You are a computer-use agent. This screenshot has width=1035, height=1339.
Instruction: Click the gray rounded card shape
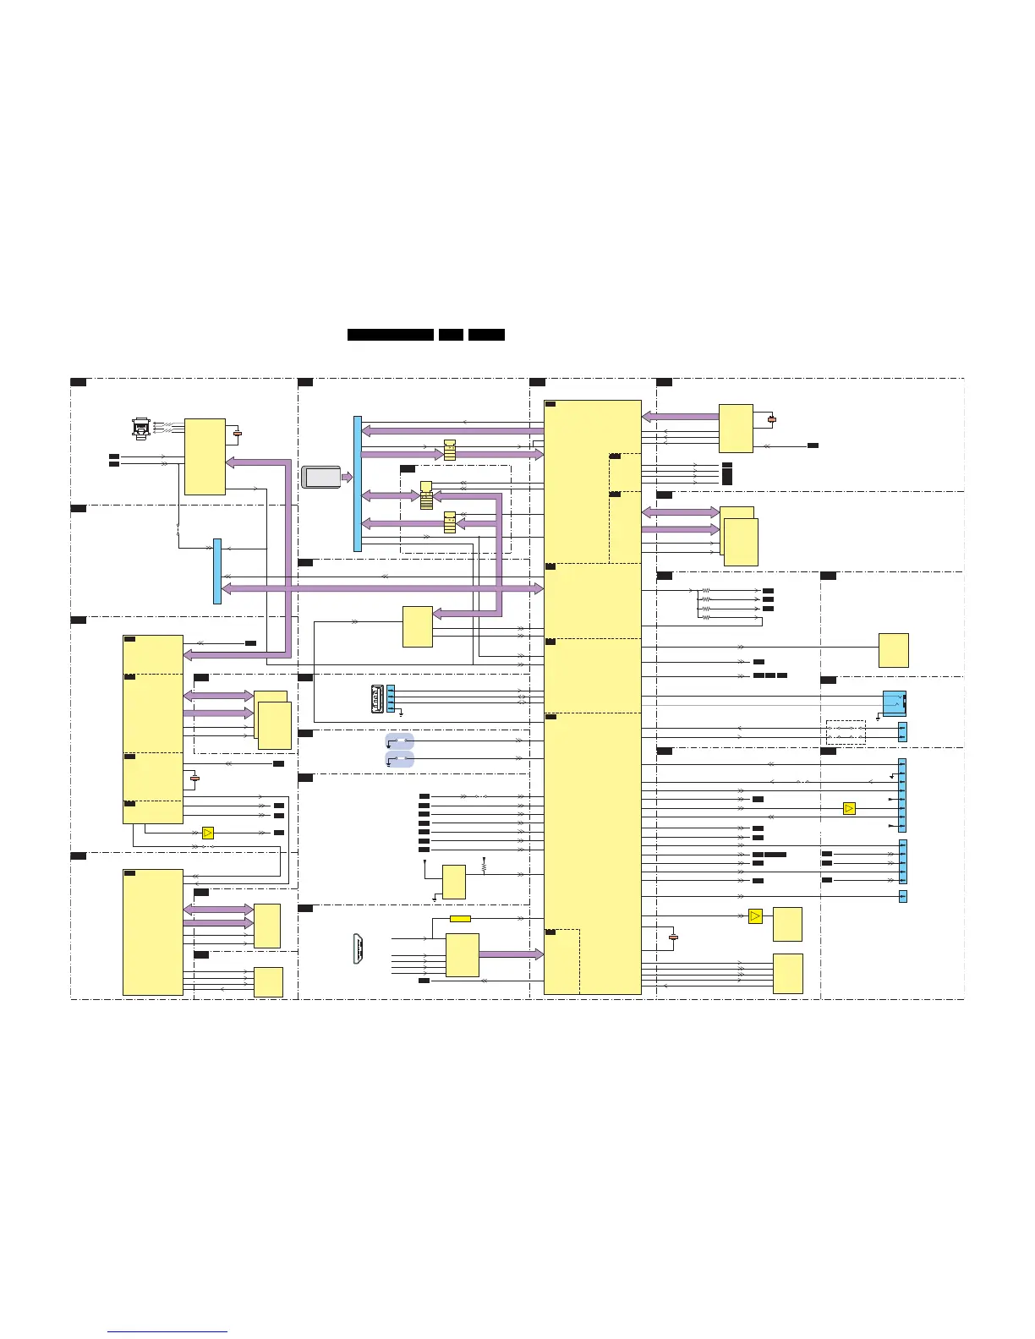point(321,477)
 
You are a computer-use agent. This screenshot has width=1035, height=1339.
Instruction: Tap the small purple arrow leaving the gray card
point(347,478)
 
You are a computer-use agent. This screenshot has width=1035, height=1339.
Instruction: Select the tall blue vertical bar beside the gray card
point(358,484)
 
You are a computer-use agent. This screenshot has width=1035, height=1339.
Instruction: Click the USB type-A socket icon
point(378,698)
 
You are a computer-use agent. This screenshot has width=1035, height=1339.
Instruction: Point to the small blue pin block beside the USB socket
point(391,698)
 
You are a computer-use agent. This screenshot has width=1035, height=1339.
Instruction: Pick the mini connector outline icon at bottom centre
point(359,948)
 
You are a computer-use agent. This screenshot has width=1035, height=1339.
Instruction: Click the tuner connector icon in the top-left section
point(141,428)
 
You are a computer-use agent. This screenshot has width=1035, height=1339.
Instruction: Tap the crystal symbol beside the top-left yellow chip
point(238,434)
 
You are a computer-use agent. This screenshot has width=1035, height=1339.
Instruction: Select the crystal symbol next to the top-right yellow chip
point(771,418)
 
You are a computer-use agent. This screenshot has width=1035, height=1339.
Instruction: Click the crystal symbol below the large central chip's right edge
point(673,937)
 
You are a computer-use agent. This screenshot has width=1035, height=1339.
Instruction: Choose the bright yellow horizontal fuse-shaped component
point(460,919)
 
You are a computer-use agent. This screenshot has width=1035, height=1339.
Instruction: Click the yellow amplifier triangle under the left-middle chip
point(208,833)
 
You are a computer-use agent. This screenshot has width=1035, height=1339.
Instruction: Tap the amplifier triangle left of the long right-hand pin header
point(849,809)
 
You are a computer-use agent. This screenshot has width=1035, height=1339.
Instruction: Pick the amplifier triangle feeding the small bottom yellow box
point(755,916)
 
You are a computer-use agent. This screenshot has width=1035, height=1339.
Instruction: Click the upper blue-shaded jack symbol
point(400,741)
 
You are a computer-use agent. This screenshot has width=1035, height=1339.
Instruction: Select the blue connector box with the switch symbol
point(894,702)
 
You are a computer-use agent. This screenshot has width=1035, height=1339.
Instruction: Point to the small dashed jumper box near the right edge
point(846,732)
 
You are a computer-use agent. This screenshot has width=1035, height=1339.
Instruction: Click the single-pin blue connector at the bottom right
point(902,896)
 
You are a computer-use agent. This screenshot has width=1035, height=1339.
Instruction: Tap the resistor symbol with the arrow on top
point(484,866)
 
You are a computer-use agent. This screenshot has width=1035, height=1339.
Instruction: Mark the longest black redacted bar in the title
point(391,335)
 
